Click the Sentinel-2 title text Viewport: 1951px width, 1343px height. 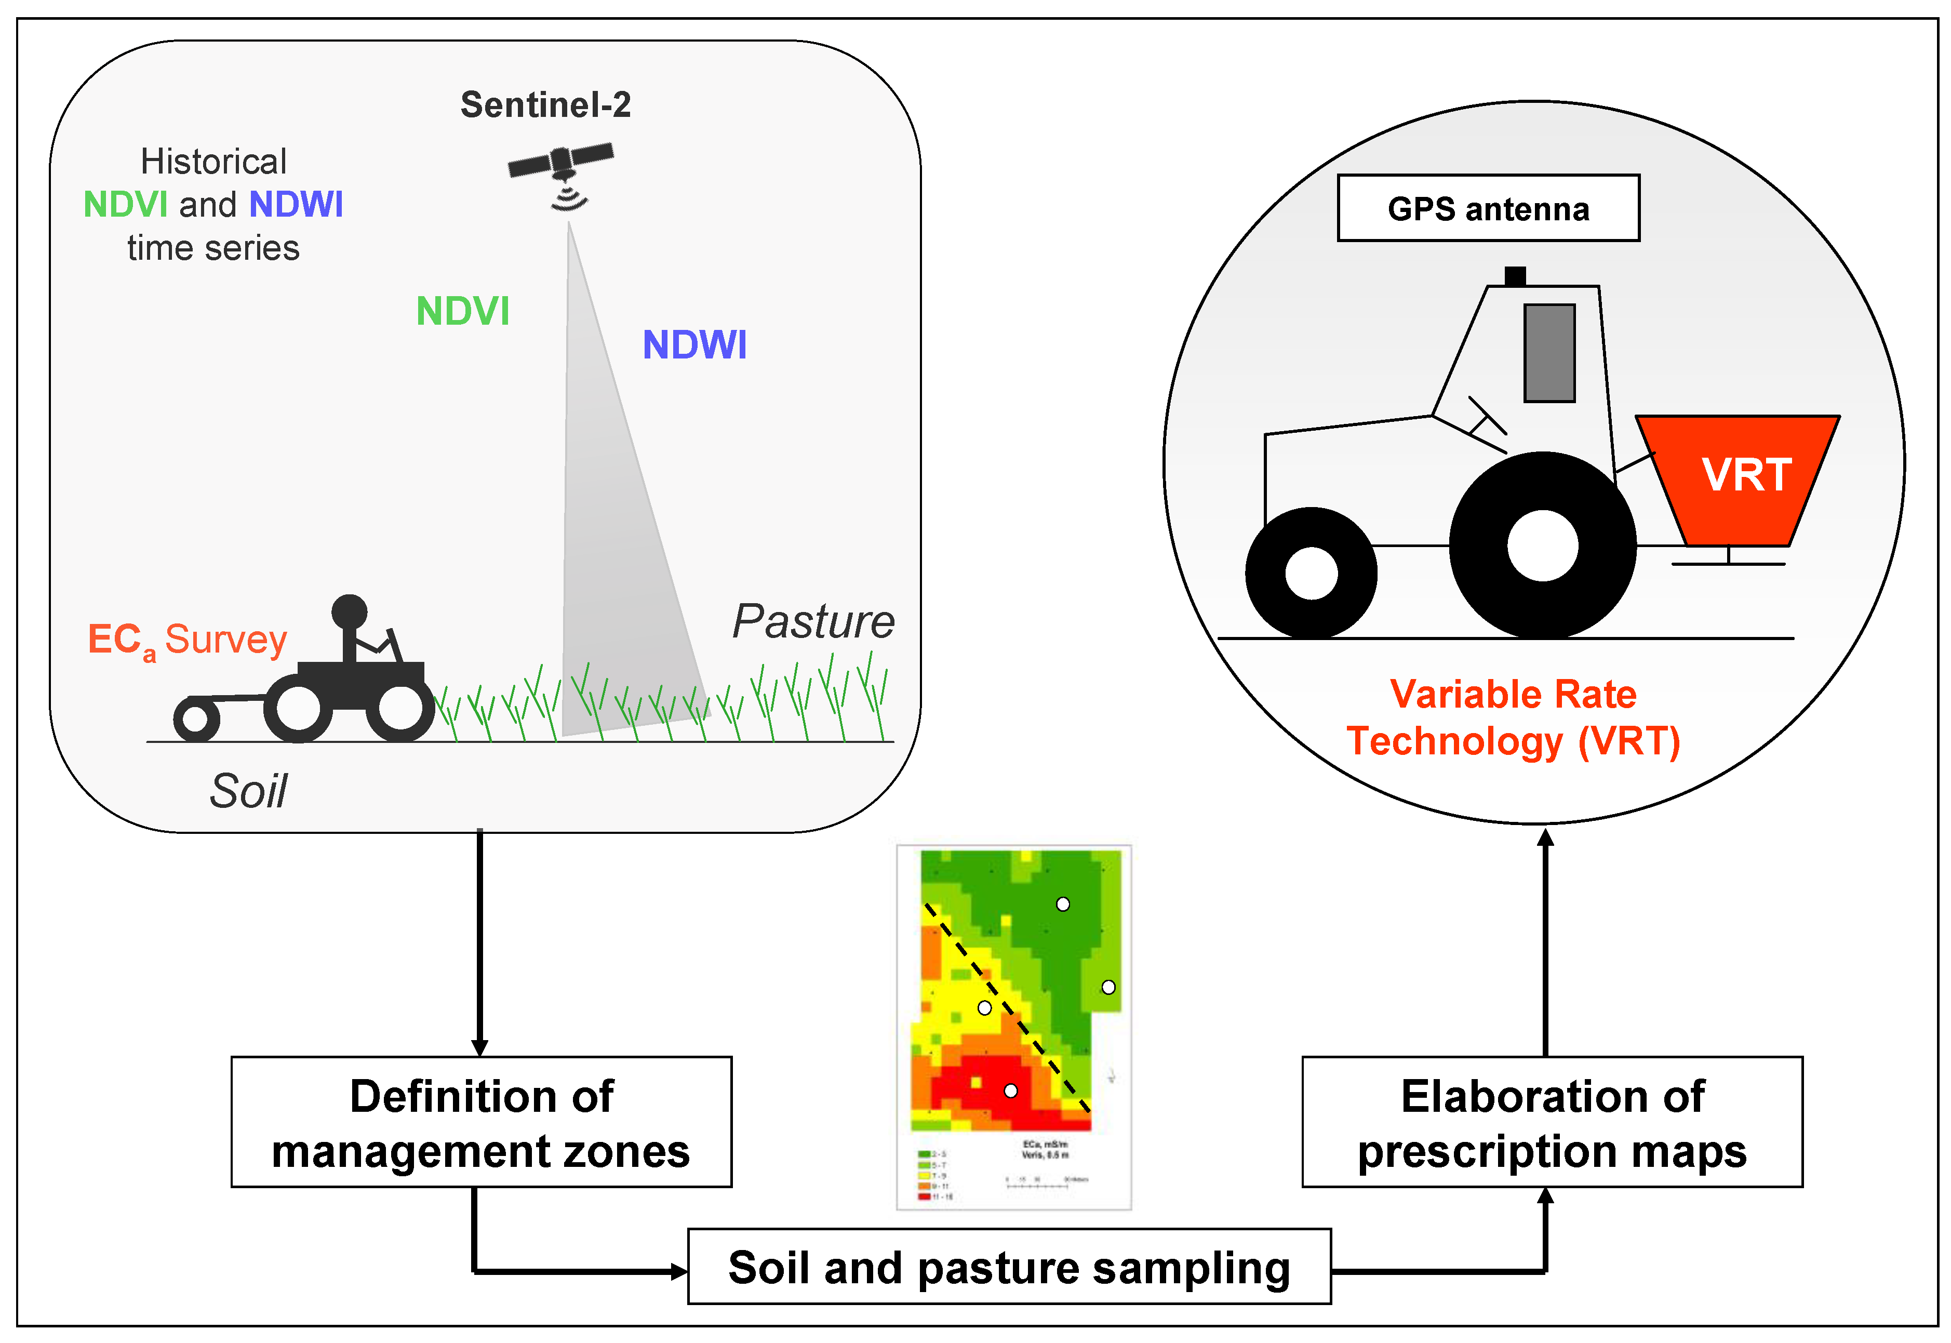pyautogui.click(x=545, y=105)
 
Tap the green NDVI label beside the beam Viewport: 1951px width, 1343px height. pyautogui.click(x=463, y=311)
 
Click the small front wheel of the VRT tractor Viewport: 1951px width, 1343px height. pyautogui.click(x=1310, y=573)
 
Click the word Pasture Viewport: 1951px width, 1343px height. pyautogui.click(x=813, y=622)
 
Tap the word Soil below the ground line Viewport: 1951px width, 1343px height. pyautogui.click(x=248, y=791)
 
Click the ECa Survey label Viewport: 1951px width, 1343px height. pyautogui.click(x=187, y=641)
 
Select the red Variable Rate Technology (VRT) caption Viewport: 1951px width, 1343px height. pyautogui.click(x=1513, y=718)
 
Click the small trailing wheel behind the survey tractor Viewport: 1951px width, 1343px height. pyautogui.click(x=196, y=720)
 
